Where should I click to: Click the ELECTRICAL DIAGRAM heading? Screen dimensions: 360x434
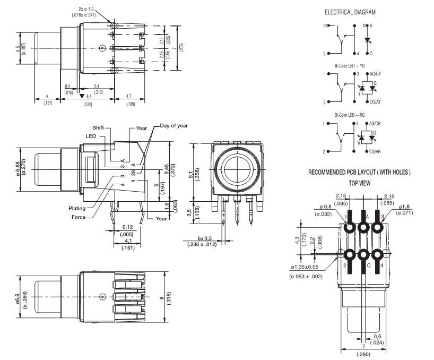click(x=350, y=12)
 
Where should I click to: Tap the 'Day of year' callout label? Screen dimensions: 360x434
click(x=174, y=126)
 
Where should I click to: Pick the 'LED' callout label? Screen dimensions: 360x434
click(x=91, y=136)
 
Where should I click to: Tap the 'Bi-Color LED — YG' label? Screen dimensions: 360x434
click(x=350, y=66)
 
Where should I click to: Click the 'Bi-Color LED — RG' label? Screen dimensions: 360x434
click(x=350, y=115)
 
